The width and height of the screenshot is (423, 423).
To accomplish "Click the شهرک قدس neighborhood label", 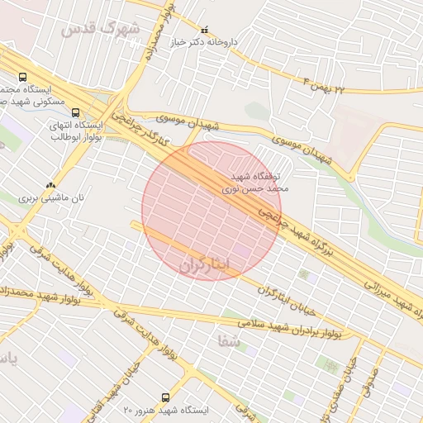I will (x=102, y=30).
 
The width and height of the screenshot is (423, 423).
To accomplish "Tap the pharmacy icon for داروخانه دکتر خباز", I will (x=205, y=29).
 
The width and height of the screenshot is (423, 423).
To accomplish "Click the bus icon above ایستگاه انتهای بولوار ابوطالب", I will (x=76, y=112).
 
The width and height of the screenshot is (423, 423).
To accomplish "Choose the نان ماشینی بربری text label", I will (x=53, y=199).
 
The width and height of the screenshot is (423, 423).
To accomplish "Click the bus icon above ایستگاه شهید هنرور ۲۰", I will (x=165, y=397).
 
